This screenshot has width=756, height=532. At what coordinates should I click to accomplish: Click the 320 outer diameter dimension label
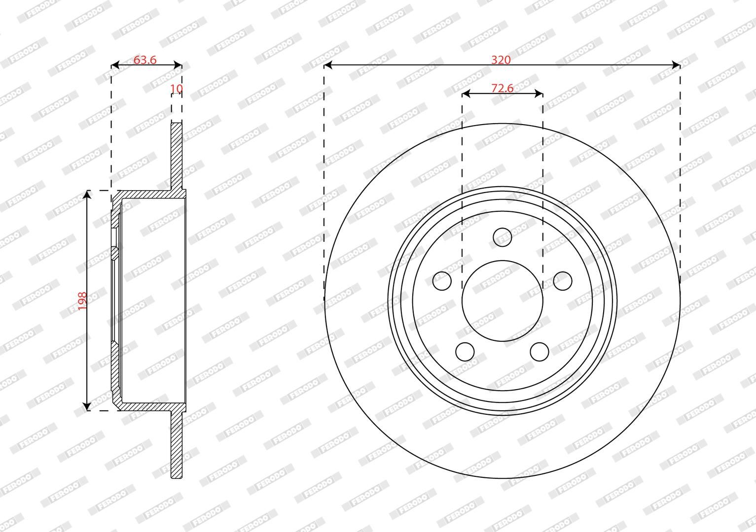coord(501,60)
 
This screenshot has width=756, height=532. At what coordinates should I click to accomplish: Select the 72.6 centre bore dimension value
coord(502,88)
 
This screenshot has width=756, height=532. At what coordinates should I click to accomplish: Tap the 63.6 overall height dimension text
coord(145,60)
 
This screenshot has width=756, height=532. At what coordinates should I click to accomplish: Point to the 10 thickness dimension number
coord(177,89)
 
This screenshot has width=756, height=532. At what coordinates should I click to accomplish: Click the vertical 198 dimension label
coord(82,300)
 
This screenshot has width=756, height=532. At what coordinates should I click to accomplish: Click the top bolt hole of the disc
coord(502,237)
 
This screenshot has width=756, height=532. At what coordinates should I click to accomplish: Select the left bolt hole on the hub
coord(442,281)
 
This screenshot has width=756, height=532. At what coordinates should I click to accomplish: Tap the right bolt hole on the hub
coord(563,281)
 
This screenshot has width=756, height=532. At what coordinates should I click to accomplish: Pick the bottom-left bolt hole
coord(465,352)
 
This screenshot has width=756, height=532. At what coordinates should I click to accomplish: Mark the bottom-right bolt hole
coord(540,352)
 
